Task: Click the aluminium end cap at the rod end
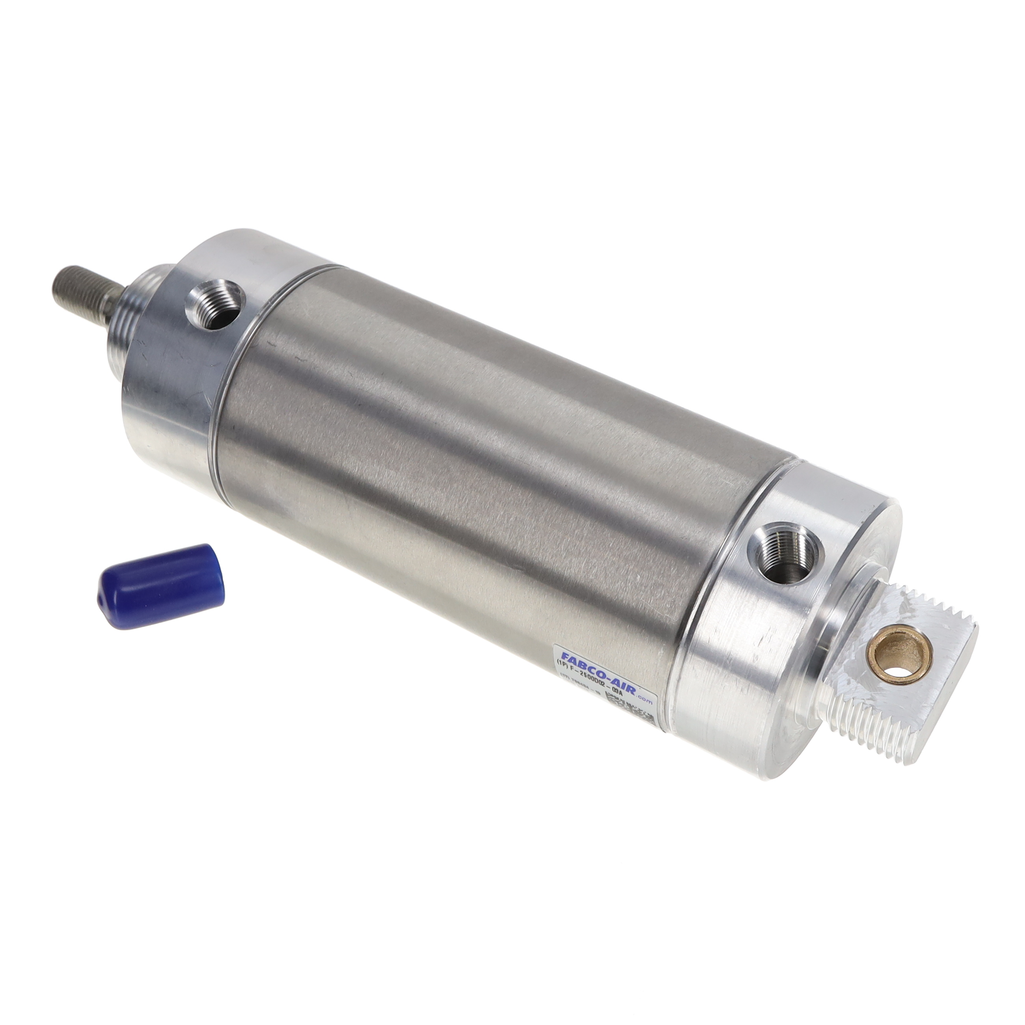click(x=175, y=382)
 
